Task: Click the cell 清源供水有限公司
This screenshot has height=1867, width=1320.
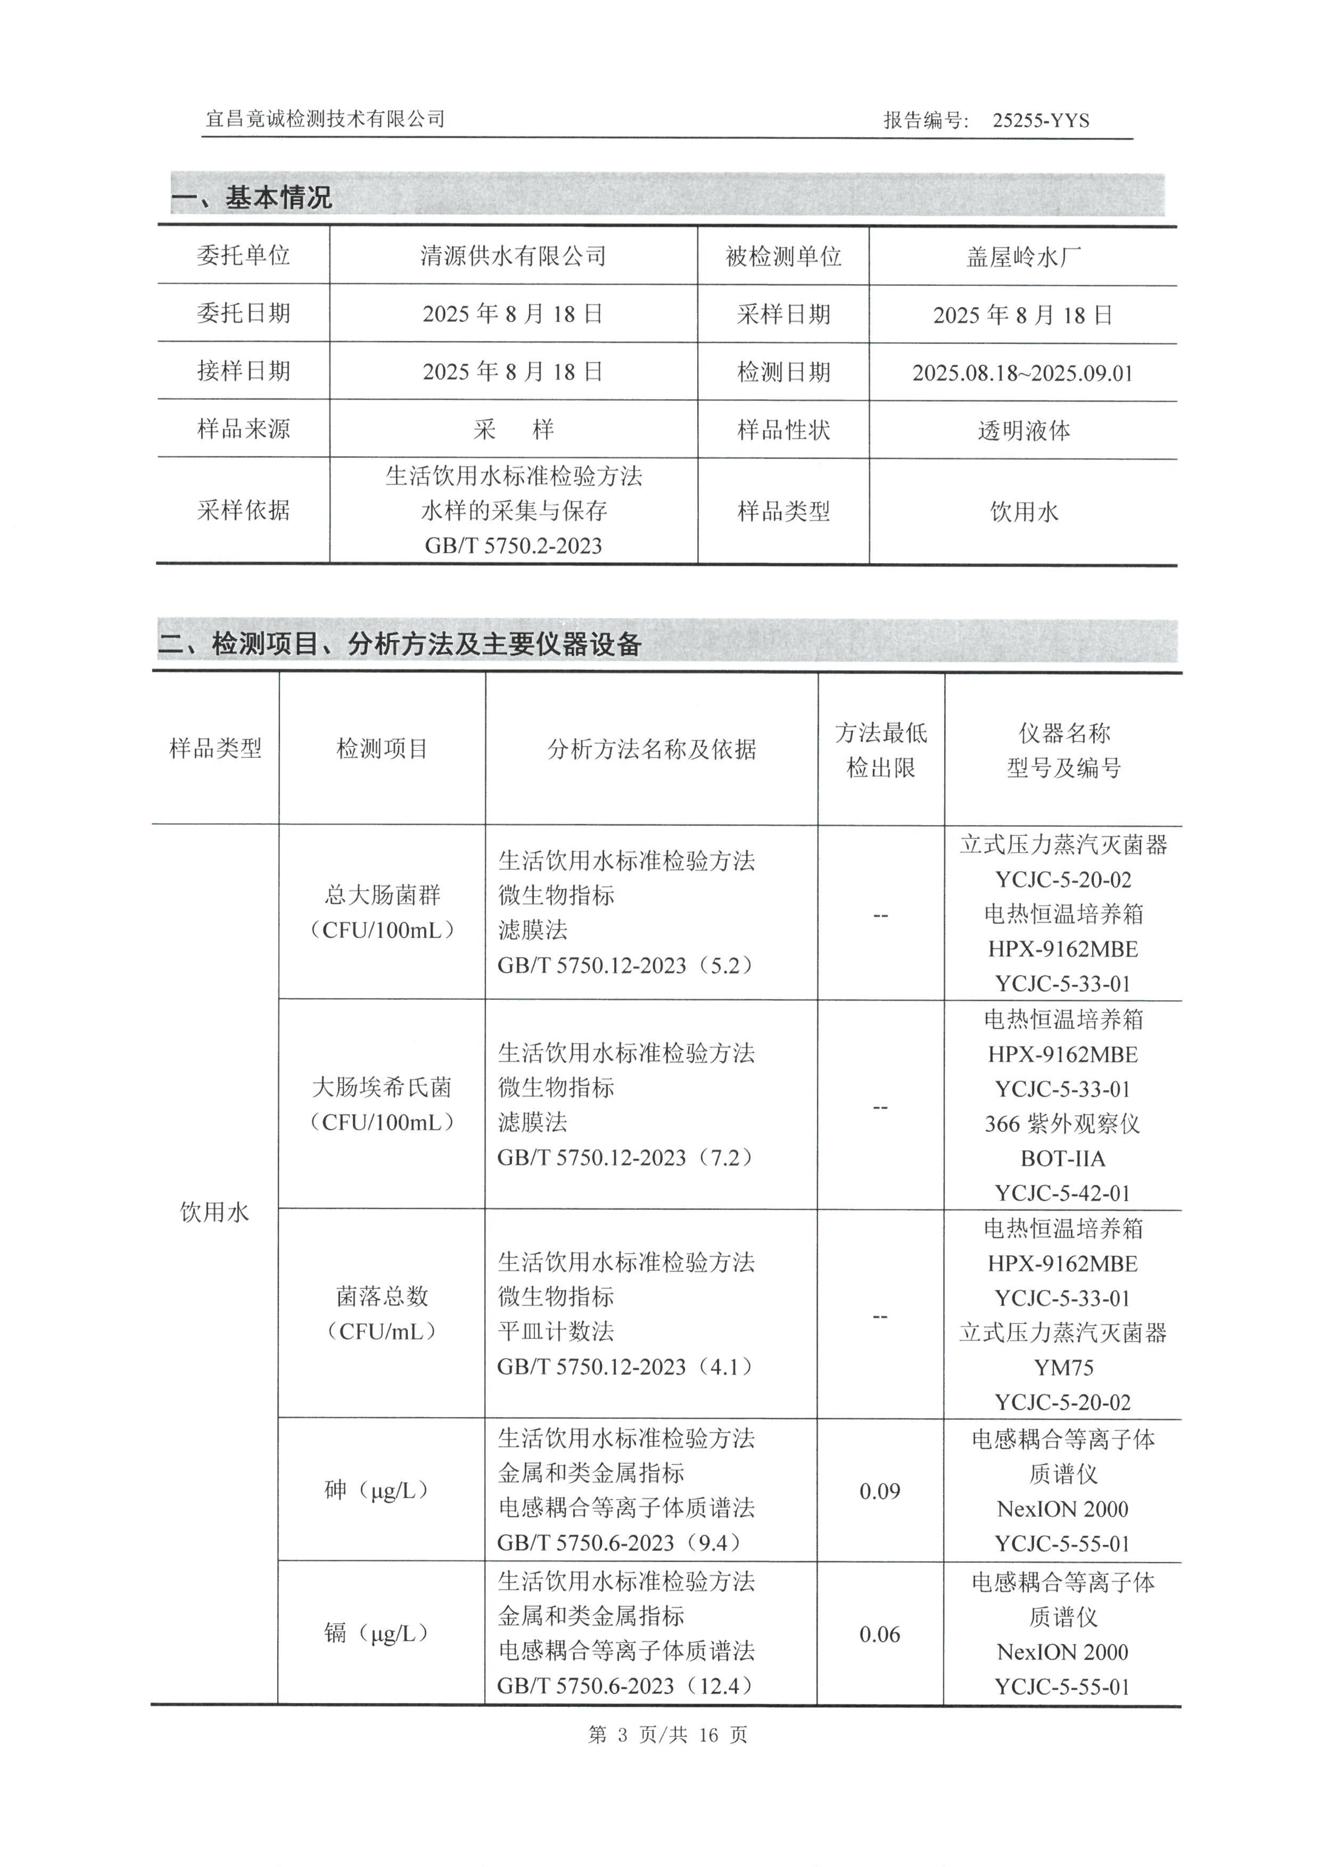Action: click(x=513, y=256)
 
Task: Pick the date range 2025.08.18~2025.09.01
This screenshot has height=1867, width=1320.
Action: click(x=1023, y=373)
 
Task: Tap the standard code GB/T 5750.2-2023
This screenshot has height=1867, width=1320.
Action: click(x=513, y=546)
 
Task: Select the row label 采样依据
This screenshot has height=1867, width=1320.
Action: click(x=243, y=511)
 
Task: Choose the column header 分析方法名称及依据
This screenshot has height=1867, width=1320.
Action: click(x=651, y=749)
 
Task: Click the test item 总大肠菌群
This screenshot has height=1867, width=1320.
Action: click(x=382, y=895)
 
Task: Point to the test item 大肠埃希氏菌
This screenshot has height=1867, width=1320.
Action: click(x=382, y=1087)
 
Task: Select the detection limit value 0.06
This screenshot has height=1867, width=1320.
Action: click(x=880, y=1634)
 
